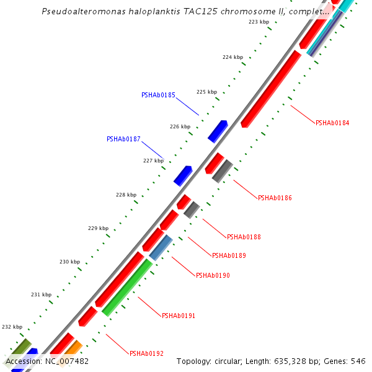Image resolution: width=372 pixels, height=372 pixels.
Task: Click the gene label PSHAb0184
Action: click(332, 123)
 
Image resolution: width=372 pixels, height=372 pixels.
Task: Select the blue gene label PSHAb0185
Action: click(158, 95)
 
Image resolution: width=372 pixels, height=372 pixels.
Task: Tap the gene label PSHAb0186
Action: click(275, 198)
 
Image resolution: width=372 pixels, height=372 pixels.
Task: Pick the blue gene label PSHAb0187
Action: click(123, 139)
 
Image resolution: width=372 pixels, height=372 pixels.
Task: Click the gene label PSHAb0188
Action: click(244, 237)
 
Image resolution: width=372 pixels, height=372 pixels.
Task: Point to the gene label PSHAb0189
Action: click(229, 255)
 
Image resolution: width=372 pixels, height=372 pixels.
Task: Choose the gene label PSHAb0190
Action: click(213, 275)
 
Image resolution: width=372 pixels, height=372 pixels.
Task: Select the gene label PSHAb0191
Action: click(179, 316)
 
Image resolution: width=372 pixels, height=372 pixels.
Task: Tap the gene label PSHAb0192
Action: click(146, 353)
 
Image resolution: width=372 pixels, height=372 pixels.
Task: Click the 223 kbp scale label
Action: click(259, 22)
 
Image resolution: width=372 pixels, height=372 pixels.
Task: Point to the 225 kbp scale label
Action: click(206, 92)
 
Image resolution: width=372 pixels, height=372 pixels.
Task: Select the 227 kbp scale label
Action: click(153, 161)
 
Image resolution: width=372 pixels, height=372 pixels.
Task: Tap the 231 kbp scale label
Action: click(41, 294)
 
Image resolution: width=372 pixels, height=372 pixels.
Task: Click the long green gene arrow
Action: click(127, 287)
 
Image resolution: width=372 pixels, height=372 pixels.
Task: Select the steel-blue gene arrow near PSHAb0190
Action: click(161, 247)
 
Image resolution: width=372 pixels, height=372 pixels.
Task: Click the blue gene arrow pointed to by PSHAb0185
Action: click(218, 131)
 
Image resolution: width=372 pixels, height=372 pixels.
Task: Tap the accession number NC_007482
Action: click(66, 361)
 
